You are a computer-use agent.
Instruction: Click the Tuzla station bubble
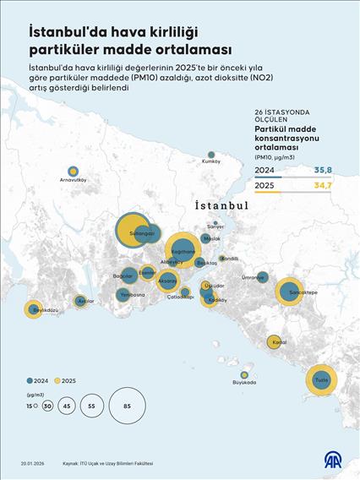(321, 380)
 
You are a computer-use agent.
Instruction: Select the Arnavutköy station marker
(74, 172)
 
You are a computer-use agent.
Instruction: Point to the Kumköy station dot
(210, 154)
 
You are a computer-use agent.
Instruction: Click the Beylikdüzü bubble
(33, 309)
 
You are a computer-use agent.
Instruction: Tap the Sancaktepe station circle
(290, 291)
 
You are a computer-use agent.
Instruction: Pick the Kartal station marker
(274, 342)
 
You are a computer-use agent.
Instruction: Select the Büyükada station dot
(244, 374)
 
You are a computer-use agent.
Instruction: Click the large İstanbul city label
(221, 205)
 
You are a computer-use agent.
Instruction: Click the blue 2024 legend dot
(31, 380)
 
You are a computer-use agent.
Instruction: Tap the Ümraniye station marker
(262, 276)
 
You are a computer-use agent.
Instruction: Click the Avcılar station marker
(81, 300)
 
